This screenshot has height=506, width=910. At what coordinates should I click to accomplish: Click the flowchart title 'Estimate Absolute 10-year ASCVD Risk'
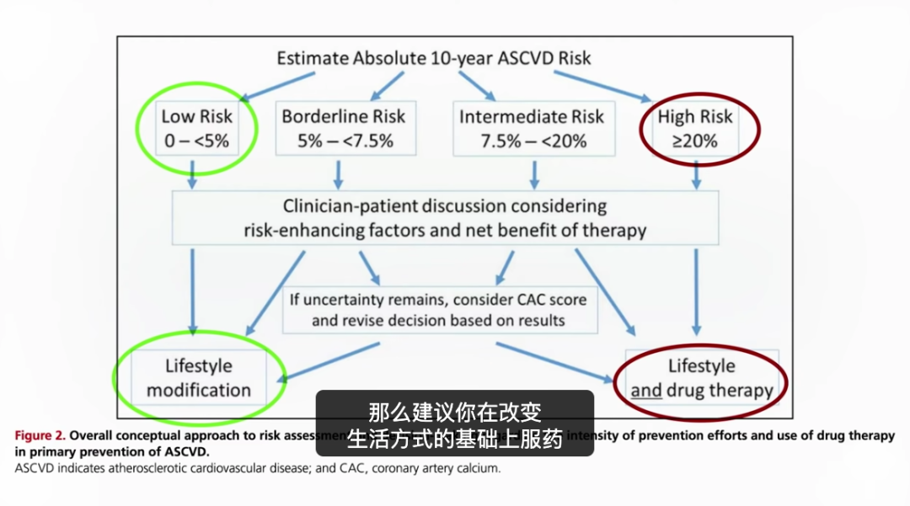434,58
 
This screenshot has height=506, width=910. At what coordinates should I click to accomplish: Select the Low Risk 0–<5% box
196,128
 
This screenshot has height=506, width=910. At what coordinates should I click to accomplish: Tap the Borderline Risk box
344,128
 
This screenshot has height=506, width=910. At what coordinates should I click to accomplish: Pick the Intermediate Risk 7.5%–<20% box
533,128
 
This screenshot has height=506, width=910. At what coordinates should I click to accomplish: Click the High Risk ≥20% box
695,128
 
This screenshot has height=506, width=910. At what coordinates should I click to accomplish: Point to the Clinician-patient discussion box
446,217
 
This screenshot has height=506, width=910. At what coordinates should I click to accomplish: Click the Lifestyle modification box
199,378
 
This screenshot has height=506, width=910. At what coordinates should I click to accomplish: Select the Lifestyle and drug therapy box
702,378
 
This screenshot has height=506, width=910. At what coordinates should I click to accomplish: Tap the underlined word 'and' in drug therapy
646,391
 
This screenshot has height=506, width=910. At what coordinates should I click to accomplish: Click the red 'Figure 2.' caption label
39,436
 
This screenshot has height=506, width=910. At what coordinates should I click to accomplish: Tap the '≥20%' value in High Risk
695,141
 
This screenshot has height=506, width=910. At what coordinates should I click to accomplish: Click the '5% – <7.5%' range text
345,141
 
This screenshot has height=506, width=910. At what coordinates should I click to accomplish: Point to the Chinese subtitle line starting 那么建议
454,413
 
